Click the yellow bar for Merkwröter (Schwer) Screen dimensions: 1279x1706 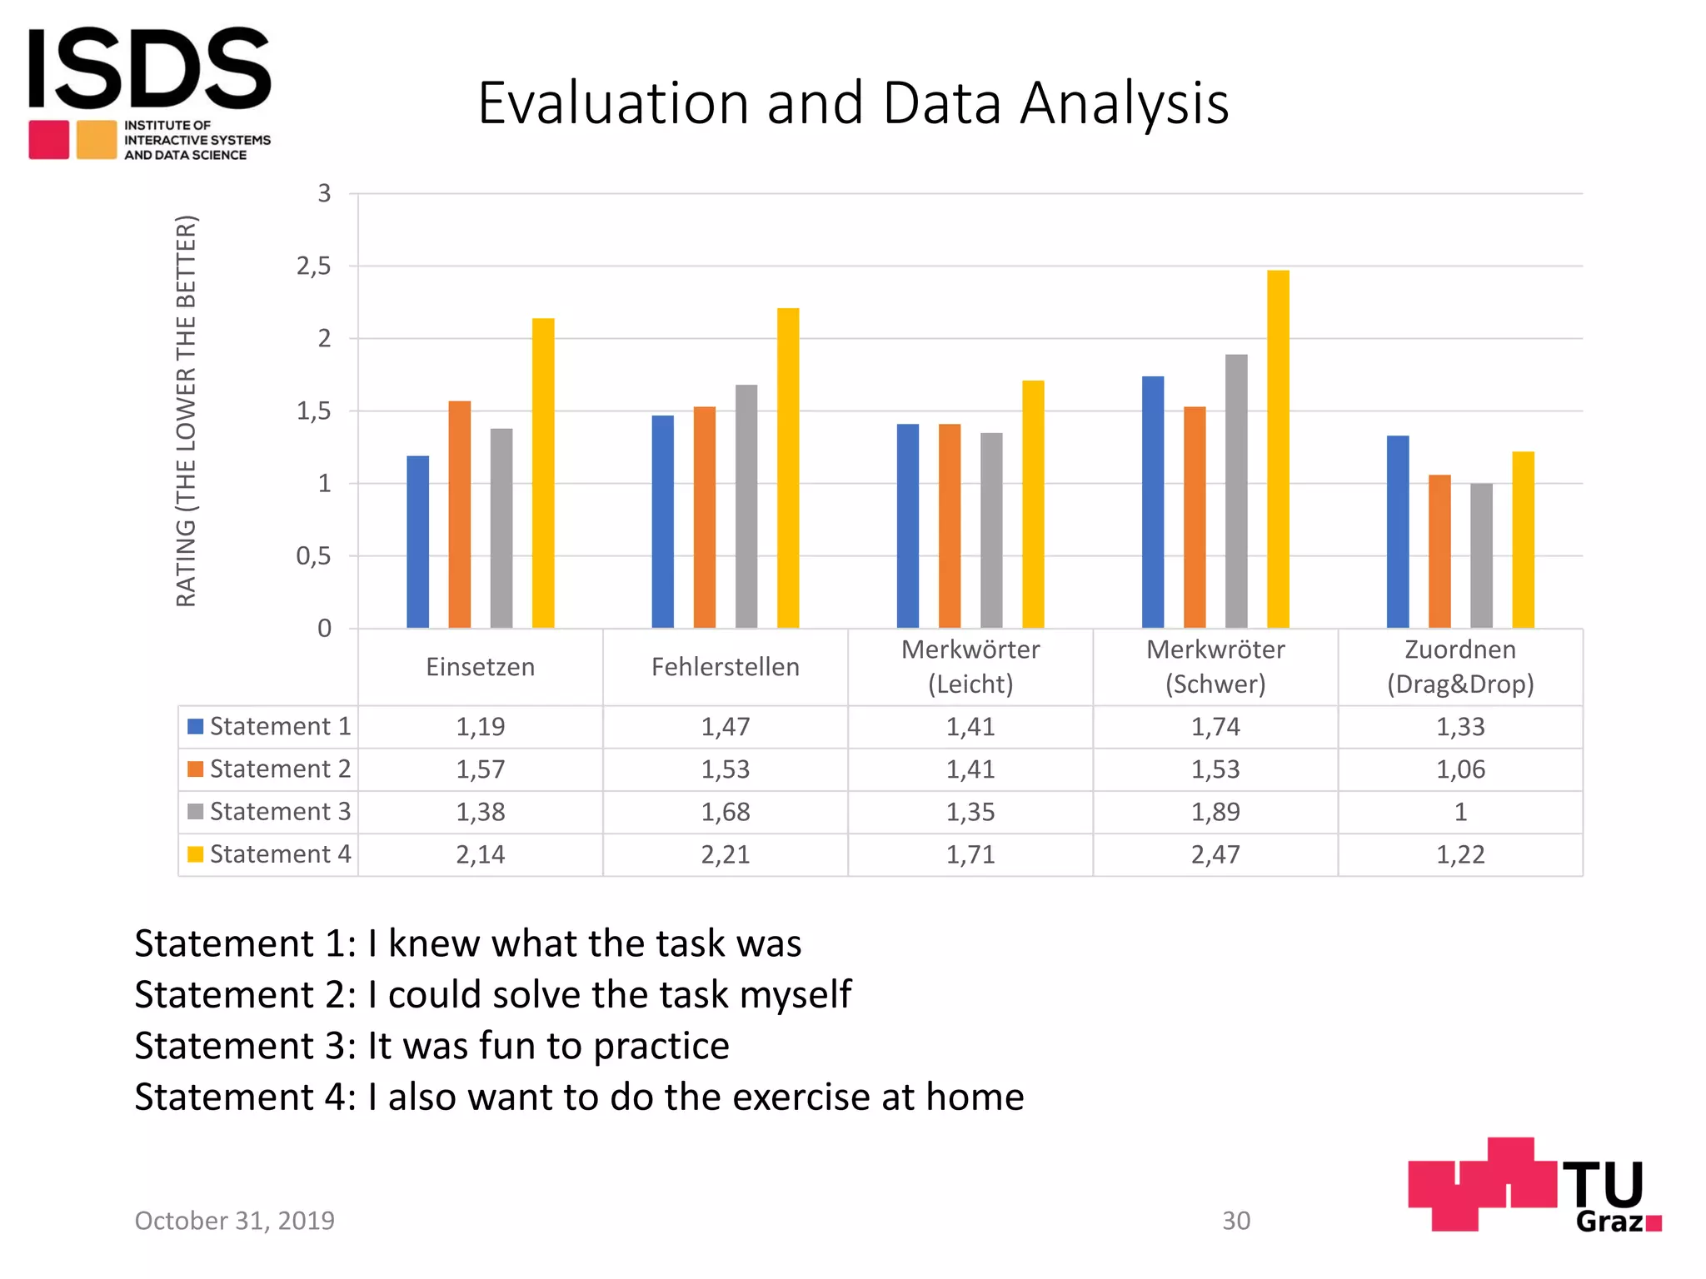(1278, 450)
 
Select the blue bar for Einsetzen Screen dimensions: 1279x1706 (418, 542)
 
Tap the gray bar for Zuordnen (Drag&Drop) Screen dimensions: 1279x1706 (1481, 555)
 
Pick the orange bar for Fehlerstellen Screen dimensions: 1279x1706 (705, 517)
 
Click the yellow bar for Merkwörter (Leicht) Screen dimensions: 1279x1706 (1033, 505)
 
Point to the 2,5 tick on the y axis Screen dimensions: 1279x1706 (314, 266)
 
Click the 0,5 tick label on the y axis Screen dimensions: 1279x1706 (314, 556)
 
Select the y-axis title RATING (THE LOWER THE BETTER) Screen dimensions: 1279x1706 (187, 411)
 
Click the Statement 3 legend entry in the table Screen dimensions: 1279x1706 (270, 812)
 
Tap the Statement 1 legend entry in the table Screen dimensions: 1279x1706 (270, 727)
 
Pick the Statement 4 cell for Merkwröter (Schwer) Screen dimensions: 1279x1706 (1215, 854)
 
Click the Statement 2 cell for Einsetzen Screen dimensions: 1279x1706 (481, 769)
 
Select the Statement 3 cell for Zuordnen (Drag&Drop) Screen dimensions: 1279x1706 (1460, 812)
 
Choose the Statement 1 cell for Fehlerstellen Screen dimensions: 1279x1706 (726, 727)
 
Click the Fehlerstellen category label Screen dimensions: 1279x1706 (726, 667)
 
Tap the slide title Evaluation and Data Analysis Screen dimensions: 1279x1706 (853, 103)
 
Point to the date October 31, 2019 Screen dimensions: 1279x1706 (235, 1221)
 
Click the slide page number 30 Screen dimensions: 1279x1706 (1236, 1221)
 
